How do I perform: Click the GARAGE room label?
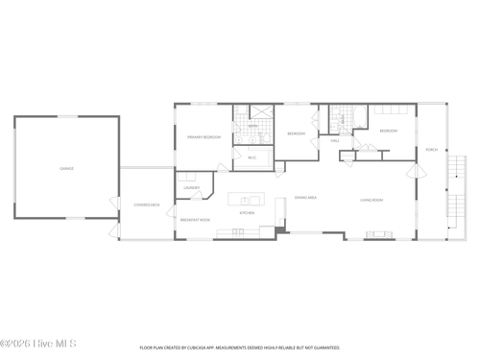click(67, 168)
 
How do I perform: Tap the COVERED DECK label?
click(147, 204)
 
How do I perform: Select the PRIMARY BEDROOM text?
click(204, 137)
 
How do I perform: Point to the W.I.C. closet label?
click(252, 157)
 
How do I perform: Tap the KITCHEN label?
click(247, 213)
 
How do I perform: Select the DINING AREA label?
click(306, 196)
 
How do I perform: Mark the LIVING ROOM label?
click(372, 200)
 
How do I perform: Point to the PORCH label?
click(432, 149)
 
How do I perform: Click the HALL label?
click(335, 140)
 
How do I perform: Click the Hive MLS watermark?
click(38, 343)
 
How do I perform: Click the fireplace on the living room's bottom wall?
click(378, 233)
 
